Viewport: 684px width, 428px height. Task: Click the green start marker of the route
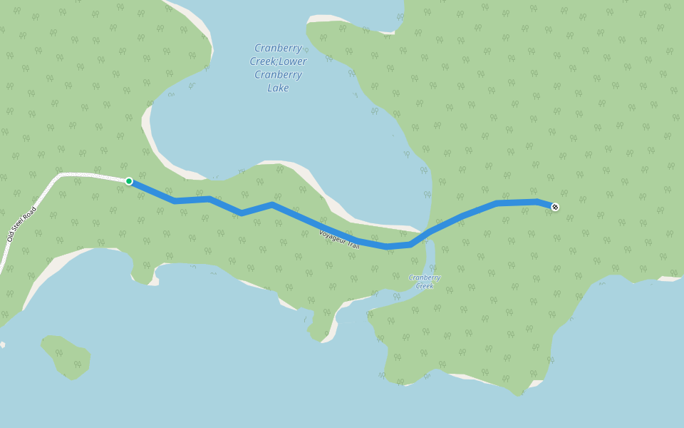129,181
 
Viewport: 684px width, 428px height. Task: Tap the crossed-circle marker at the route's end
555,207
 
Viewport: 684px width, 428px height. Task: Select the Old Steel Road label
21,224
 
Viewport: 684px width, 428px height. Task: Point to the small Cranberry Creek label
425,282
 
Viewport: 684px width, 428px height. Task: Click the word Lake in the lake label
278,88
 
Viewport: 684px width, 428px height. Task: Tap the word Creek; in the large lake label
262,61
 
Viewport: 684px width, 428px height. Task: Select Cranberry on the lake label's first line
278,48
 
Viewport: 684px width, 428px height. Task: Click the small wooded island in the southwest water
67,357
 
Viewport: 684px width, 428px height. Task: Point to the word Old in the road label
11,238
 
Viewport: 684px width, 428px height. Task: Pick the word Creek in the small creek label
425,286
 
